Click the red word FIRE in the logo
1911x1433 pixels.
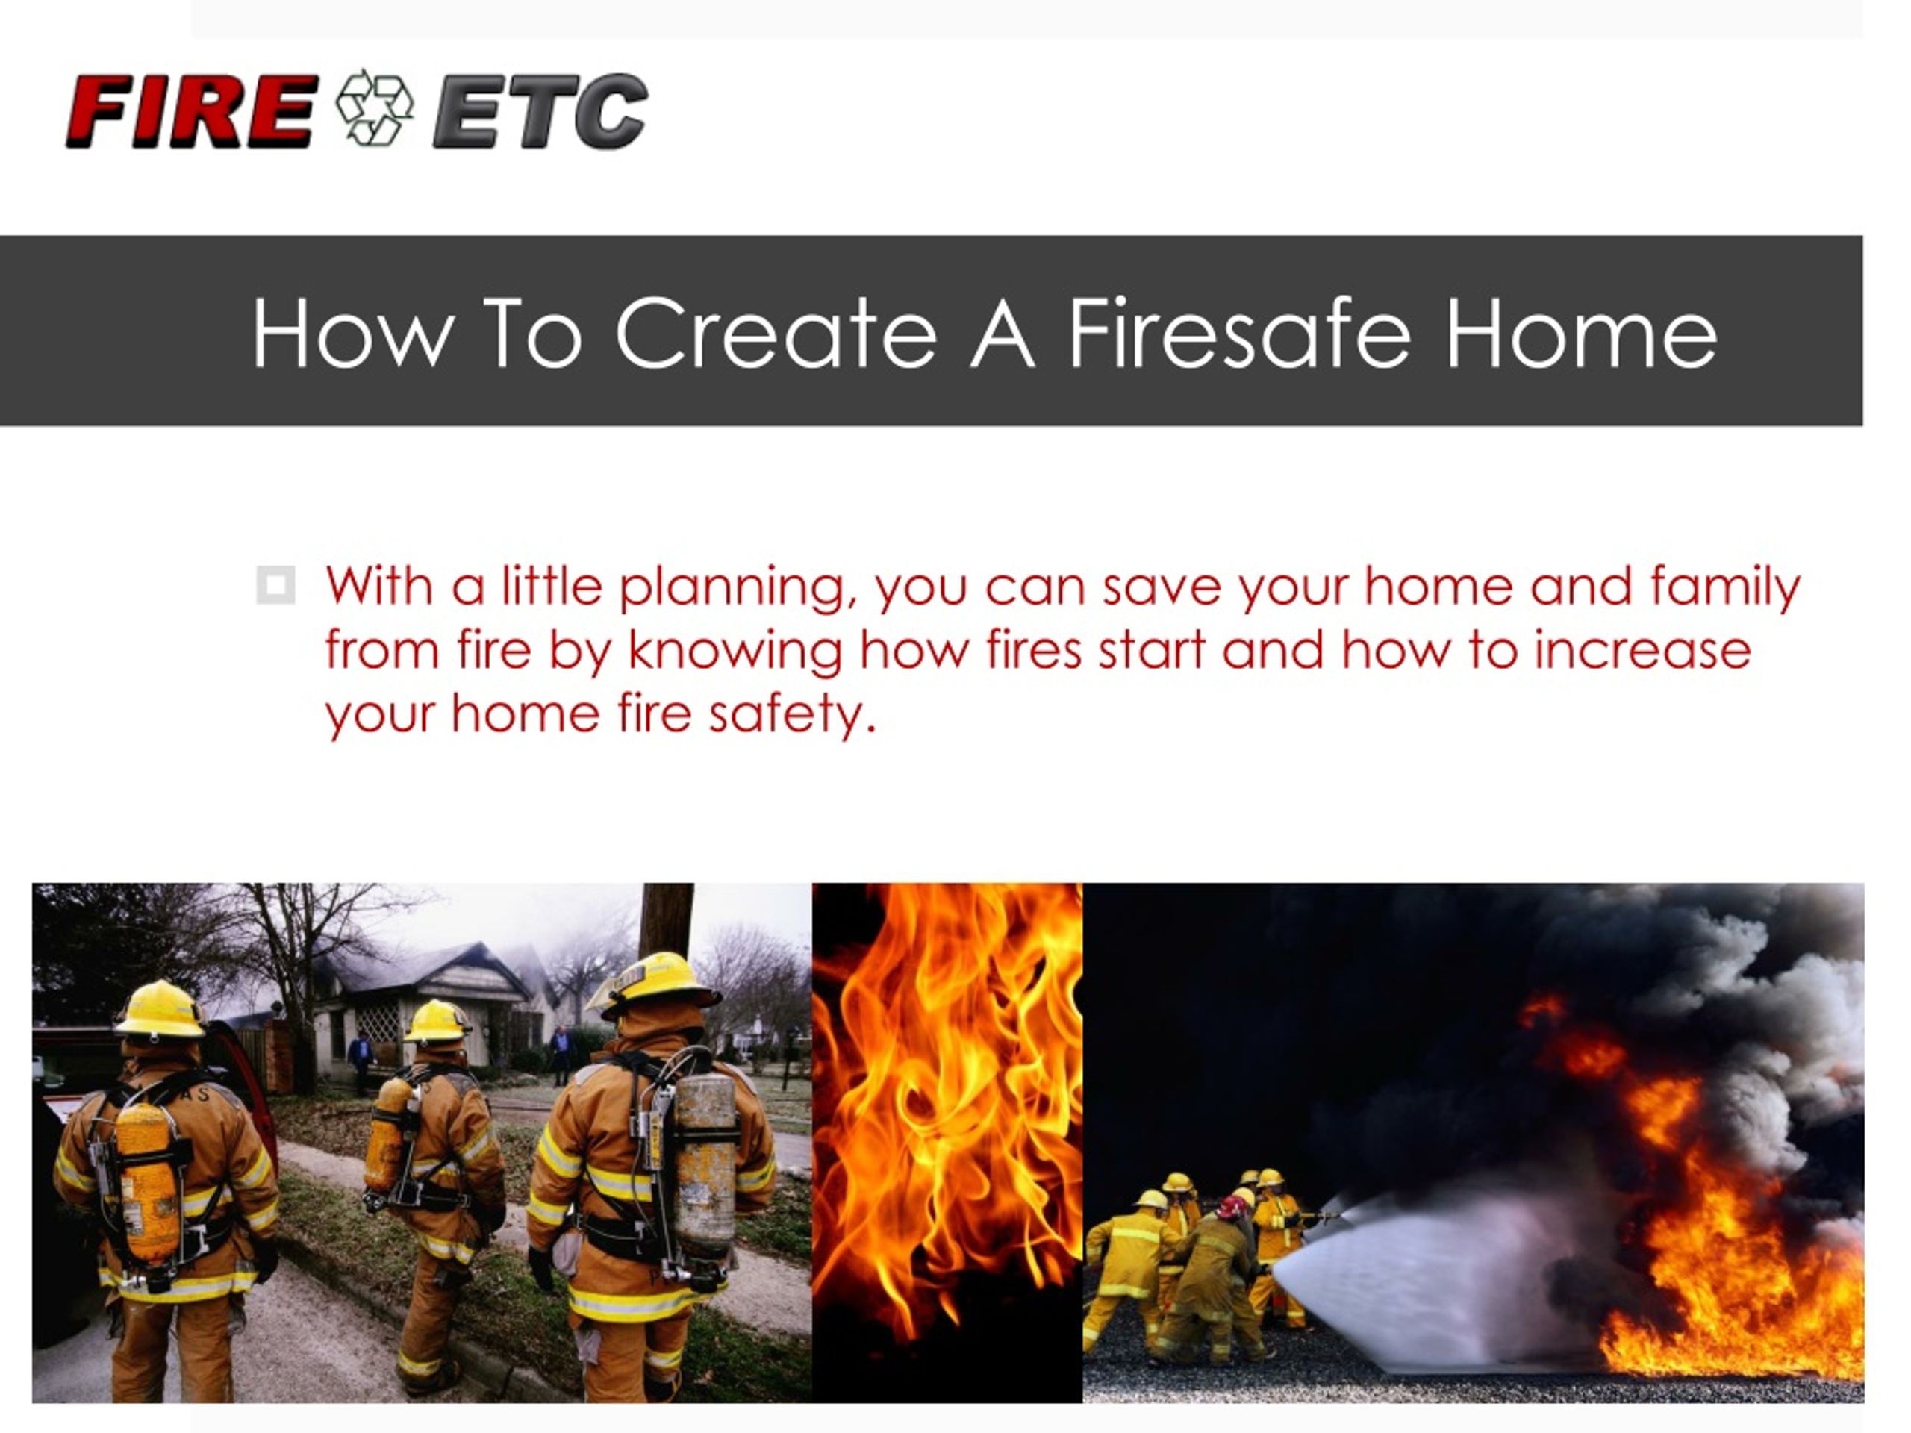pos(192,110)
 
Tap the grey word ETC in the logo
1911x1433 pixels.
pos(540,110)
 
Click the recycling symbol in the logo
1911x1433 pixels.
pos(375,107)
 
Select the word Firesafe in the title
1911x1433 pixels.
pos(1240,334)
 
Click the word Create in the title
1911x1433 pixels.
pos(776,334)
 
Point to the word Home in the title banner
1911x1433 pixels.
pos(1581,334)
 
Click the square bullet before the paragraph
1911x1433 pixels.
pos(275,585)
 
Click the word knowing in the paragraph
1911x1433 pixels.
pos(735,653)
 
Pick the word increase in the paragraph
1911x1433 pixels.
pos(1642,652)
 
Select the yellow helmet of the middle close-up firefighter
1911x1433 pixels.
pos(437,1022)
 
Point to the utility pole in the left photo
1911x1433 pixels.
pos(666,921)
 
